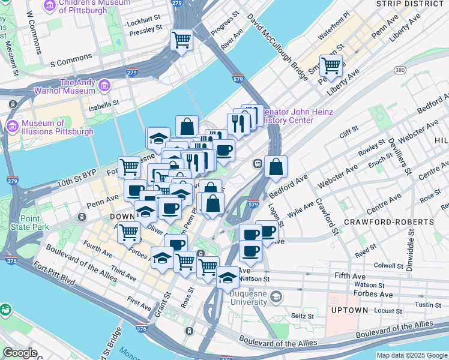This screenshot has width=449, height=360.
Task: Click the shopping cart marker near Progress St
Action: (181, 41)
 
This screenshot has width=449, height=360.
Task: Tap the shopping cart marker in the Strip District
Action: (331, 65)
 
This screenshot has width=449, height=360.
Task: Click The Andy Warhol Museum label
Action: (77, 86)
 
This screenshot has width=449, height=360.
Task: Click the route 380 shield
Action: (400, 71)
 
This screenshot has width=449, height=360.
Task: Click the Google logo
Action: (20, 353)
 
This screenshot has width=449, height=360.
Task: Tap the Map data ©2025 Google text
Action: (411, 355)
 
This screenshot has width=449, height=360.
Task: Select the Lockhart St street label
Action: (144, 18)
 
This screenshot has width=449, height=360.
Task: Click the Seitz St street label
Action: (303, 316)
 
